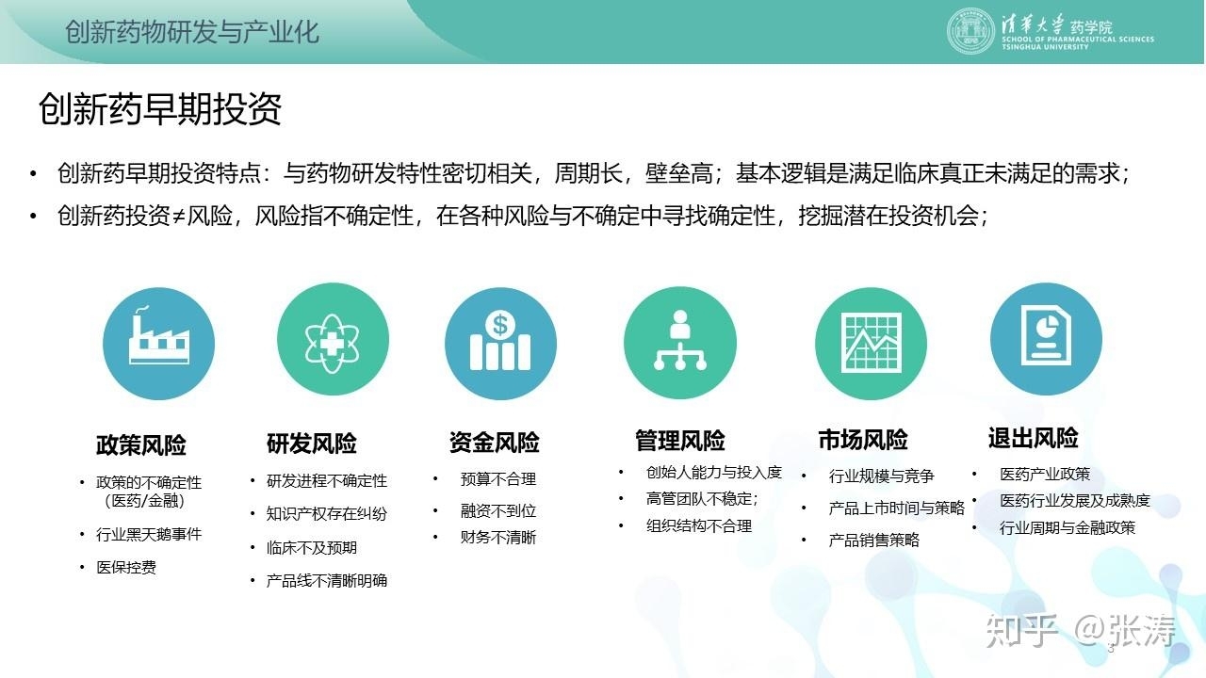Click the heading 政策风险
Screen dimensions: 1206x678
point(141,445)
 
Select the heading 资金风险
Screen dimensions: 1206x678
point(495,443)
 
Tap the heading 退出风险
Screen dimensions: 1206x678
point(1034,438)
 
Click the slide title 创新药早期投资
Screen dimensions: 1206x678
point(160,108)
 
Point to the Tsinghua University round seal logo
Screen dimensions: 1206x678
point(970,31)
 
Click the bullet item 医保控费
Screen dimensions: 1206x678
point(126,567)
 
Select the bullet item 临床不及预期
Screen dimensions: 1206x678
point(312,548)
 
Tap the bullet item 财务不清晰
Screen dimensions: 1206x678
point(498,537)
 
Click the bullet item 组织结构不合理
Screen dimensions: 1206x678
point(699,525)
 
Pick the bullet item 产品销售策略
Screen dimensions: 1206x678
point(873,540)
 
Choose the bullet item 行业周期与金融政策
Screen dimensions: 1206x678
point(1067,528)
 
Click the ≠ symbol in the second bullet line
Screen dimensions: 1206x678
point(179,217)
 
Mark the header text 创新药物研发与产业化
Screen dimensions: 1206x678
point(192,32)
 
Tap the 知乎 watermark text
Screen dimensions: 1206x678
point(1020,630)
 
